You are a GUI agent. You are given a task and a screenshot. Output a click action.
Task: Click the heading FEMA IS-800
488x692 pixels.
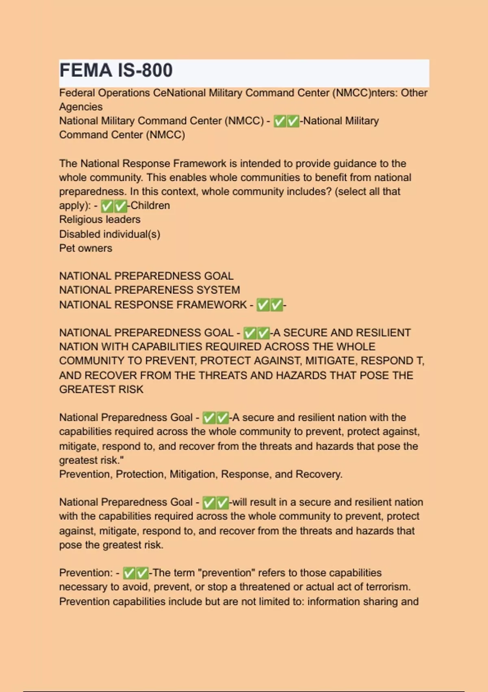point(116,70)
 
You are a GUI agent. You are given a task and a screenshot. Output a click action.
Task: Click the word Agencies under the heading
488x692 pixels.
point(81,107)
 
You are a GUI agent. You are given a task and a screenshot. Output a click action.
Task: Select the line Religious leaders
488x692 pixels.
point(100,219)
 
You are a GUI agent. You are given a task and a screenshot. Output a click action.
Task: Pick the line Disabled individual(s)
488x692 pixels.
point(109,234)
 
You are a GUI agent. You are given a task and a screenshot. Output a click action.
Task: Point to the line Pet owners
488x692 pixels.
point(85,248)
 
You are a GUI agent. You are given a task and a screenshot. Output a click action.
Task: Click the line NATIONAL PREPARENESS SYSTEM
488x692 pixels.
point(149,290)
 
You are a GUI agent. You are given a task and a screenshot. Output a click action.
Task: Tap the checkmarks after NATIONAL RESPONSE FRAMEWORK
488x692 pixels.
point(269,305)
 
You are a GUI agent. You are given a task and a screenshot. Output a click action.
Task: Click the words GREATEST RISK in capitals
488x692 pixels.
point(101,390)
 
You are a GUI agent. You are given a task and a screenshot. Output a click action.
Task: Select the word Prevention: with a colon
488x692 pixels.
point(85,573)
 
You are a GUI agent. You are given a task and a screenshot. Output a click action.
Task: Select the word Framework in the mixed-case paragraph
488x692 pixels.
point(199,164)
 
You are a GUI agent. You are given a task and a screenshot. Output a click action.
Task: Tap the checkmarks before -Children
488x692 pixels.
point(113,206)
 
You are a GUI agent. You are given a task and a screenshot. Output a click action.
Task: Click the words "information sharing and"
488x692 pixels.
point(363,602)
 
